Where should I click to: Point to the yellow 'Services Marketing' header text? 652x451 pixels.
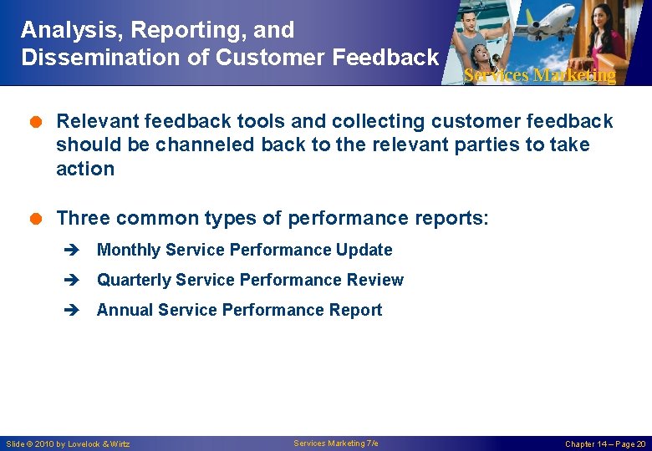click(x=539, y=75)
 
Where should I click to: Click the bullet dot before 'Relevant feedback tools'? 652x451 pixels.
click(x=38, y=122)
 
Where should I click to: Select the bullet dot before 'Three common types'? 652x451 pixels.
click(x=38, y=219)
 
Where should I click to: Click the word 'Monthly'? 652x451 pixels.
click(x=129, y=250)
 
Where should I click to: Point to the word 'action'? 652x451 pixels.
click(x=84, y=168)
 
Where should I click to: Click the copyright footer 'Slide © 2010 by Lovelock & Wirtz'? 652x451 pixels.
click(x=68, y=443)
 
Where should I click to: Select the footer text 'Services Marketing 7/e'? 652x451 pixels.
click(x=335, y=443)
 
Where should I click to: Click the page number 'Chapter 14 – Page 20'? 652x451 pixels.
click(x=605, y=443)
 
